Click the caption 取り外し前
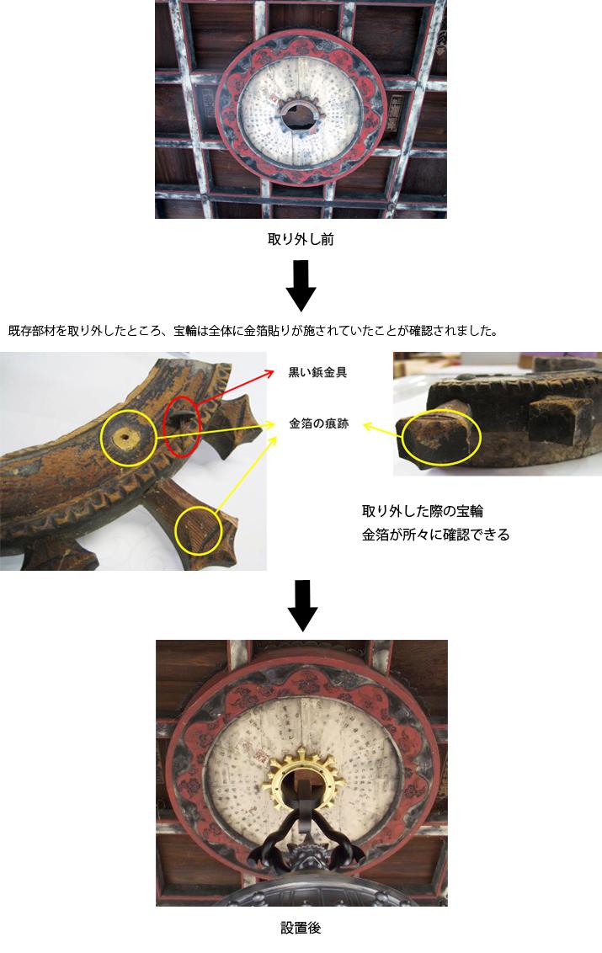301,240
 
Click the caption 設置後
301,929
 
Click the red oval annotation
183,422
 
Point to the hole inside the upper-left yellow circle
128,436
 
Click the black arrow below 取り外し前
301,286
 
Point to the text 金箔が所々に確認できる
435,535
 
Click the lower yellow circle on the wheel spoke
199,531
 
